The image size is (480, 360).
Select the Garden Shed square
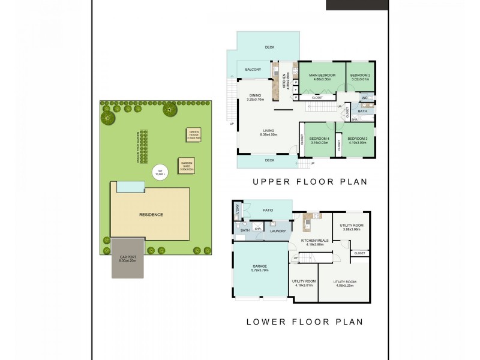[x=185, y=165]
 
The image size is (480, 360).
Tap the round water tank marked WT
[x=160, y=173]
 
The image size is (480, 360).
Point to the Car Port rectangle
[x=128, y=258]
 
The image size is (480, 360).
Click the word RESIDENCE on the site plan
[x=151, y=214]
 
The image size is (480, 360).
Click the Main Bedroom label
[x=321, y=75]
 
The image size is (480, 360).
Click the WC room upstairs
[x=364, y=97]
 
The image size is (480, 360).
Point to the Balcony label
[x=253, y=70]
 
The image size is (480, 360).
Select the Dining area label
[x=255, y=95]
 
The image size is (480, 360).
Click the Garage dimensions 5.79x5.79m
[x=260, y=271]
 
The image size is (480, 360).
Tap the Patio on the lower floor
[x=268, y=210]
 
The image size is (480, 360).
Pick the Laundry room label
[x=277, y=230]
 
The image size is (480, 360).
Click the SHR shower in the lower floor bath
[x=257, y=229]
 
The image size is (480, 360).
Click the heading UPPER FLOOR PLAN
[x=310, y=181]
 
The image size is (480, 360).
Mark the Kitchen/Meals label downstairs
[x=311, y=241]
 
